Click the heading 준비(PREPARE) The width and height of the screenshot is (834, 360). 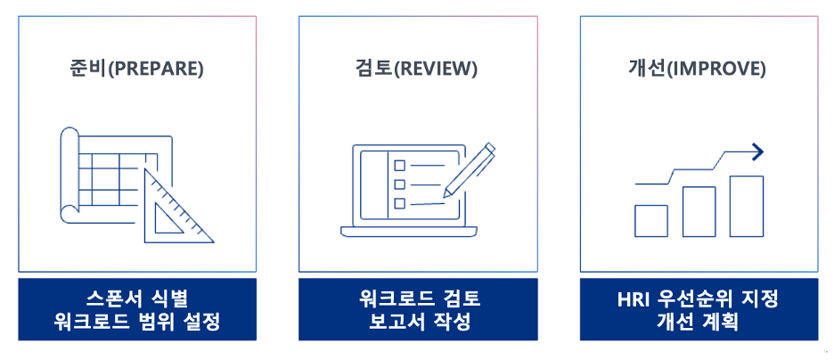(x=136, y=69)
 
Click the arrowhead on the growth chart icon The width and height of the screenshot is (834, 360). (x=757, y=151)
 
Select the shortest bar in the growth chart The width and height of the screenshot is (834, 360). (x=650, y=220)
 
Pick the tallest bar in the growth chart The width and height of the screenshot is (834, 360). (x=746, y=206)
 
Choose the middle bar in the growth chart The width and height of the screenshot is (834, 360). (x=699, y=211)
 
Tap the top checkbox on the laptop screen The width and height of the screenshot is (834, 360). (x=399, y=165)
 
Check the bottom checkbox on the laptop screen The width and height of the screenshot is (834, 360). (x=399, y=203)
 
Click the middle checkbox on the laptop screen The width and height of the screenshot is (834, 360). (x=399, y=184)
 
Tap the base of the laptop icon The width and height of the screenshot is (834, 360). (x=413, y=232)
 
